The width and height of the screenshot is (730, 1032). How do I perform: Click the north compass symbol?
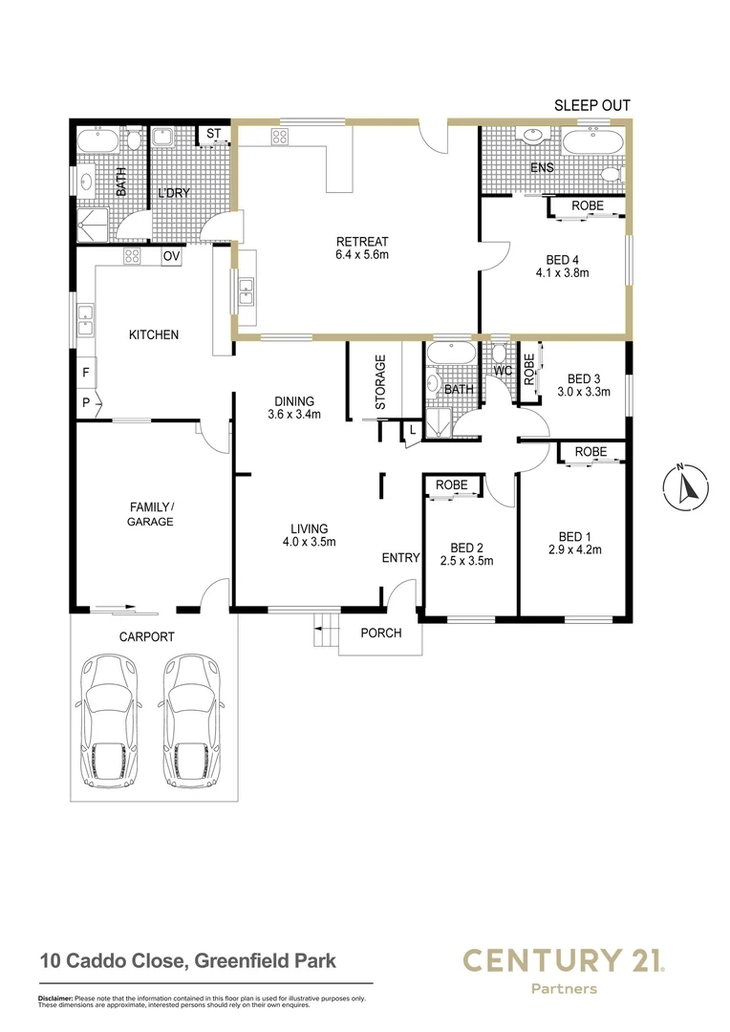[x=682, y=487]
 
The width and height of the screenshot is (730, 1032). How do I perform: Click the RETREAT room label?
[x=361, y=241]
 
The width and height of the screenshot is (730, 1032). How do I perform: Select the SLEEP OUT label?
[x=592, y=106]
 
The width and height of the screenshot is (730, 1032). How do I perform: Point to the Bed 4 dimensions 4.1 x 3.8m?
[x=562, y=272]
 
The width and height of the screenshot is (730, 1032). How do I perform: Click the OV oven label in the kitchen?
[x=171, y=256]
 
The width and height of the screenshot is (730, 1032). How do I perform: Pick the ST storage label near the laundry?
[x=213, y=133]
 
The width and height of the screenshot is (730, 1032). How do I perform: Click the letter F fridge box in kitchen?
[x=85, y=372]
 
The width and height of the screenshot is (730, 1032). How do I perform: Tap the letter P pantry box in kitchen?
[x=85, y=403]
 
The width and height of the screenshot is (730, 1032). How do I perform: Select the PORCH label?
[x=380, y=633]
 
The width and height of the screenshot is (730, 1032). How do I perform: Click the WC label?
[x=503, y=371]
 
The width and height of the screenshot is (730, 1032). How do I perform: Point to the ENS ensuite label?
[x=543, y=168]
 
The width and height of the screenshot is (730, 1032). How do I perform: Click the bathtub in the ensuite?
[x=592, y=144]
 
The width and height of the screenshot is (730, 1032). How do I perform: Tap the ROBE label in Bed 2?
[x=451, y=485]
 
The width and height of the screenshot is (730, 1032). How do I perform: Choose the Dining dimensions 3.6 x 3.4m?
[x=294, y=415]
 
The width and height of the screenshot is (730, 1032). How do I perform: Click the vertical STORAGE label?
[x=380, y=382]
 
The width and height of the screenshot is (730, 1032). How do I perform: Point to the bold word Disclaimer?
[x=54, y=999]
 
